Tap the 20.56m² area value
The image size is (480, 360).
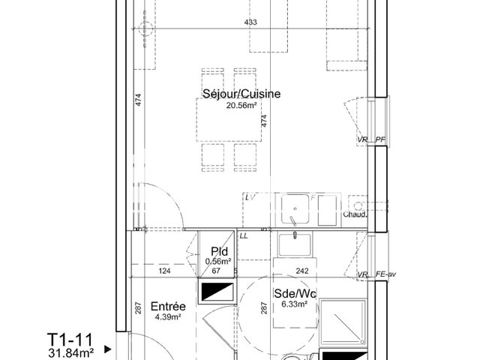point(241,106)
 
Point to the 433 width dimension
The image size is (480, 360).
point(250,22)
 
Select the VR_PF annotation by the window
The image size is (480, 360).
point(371,140)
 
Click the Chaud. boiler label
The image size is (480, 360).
point(355,215)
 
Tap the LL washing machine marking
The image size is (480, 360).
point(244,236)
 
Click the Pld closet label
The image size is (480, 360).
point(219,251)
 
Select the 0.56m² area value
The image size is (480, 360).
point(220,261)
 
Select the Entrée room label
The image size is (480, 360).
point(168,306)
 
